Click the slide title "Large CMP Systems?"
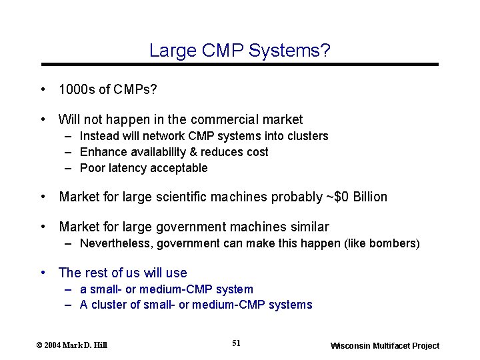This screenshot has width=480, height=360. coord(240,50)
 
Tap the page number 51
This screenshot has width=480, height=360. coord(236,343)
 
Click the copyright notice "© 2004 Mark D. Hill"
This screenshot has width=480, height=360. coord(71,345)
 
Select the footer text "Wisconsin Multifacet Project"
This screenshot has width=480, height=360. coord(385,345)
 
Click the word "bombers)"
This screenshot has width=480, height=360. coord(398,243)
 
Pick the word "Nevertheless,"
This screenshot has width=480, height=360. coord(116,243)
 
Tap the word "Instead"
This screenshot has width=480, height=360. coord(98,136)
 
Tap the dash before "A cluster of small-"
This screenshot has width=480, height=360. coord(69,305)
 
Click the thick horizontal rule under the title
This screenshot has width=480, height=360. coord(240,64)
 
